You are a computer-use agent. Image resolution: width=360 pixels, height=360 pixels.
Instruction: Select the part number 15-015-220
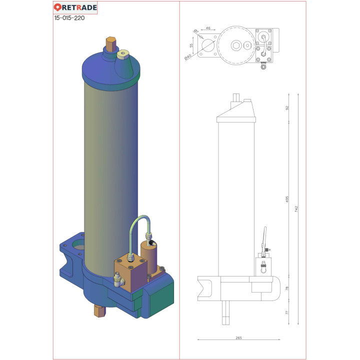point(69,17)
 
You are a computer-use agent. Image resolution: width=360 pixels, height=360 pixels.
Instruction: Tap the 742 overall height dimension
point(296,209)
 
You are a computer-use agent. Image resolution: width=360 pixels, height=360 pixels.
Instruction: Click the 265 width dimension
point(238,338)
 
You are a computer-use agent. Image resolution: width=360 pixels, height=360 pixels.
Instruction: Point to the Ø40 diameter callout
point(188,56)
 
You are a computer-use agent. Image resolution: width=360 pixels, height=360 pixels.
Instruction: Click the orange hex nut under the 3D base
point(99,311)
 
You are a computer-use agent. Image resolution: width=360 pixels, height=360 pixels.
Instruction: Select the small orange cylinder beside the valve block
point(148,256)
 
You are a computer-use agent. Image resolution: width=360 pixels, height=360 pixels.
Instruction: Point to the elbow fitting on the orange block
point(118,278)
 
